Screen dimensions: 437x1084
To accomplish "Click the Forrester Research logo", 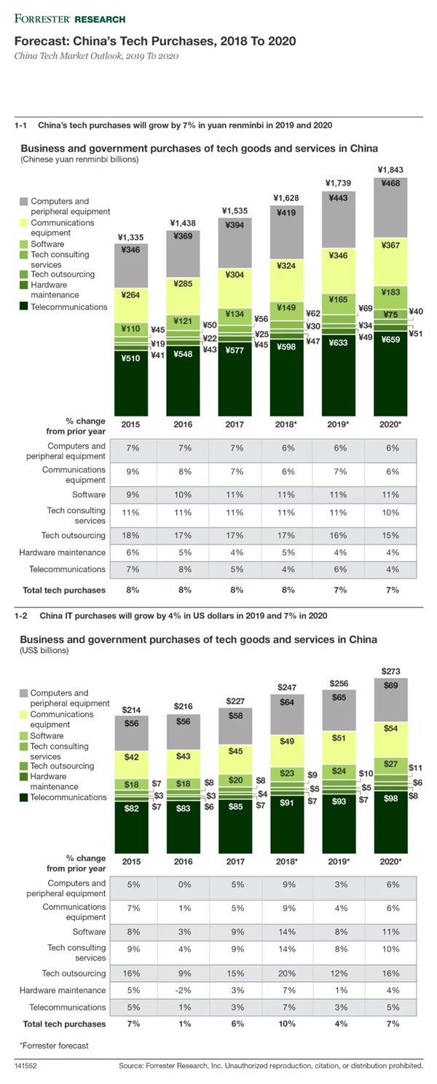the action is (x=70, y=19).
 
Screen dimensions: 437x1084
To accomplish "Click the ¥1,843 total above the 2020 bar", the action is (x=390, y=170).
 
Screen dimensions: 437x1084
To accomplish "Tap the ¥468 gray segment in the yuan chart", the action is (x=390, y=207).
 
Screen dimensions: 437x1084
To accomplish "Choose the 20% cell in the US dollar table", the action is (x=287, y=973).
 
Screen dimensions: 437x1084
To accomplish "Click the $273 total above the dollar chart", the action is (x=390, y=671).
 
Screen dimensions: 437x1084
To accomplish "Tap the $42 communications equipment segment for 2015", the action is (x=132, y=764).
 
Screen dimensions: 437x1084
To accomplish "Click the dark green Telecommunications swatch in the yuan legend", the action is (x=24, y=306).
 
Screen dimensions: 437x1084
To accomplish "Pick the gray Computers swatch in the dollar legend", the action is (x=24, y=693).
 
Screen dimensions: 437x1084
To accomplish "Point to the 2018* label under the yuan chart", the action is (x=287, y=424).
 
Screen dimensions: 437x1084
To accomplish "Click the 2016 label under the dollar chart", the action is (x=184, y=861).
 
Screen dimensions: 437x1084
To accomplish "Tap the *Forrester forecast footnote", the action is (x=54, y=1045).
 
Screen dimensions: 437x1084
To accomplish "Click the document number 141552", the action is (x=25, y=1066).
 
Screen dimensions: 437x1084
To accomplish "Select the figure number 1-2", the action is (x=21, y=616).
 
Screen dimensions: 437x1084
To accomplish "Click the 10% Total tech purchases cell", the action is (x=287, y=1024).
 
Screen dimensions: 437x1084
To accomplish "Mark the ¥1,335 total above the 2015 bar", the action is (x=130, y=237).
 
